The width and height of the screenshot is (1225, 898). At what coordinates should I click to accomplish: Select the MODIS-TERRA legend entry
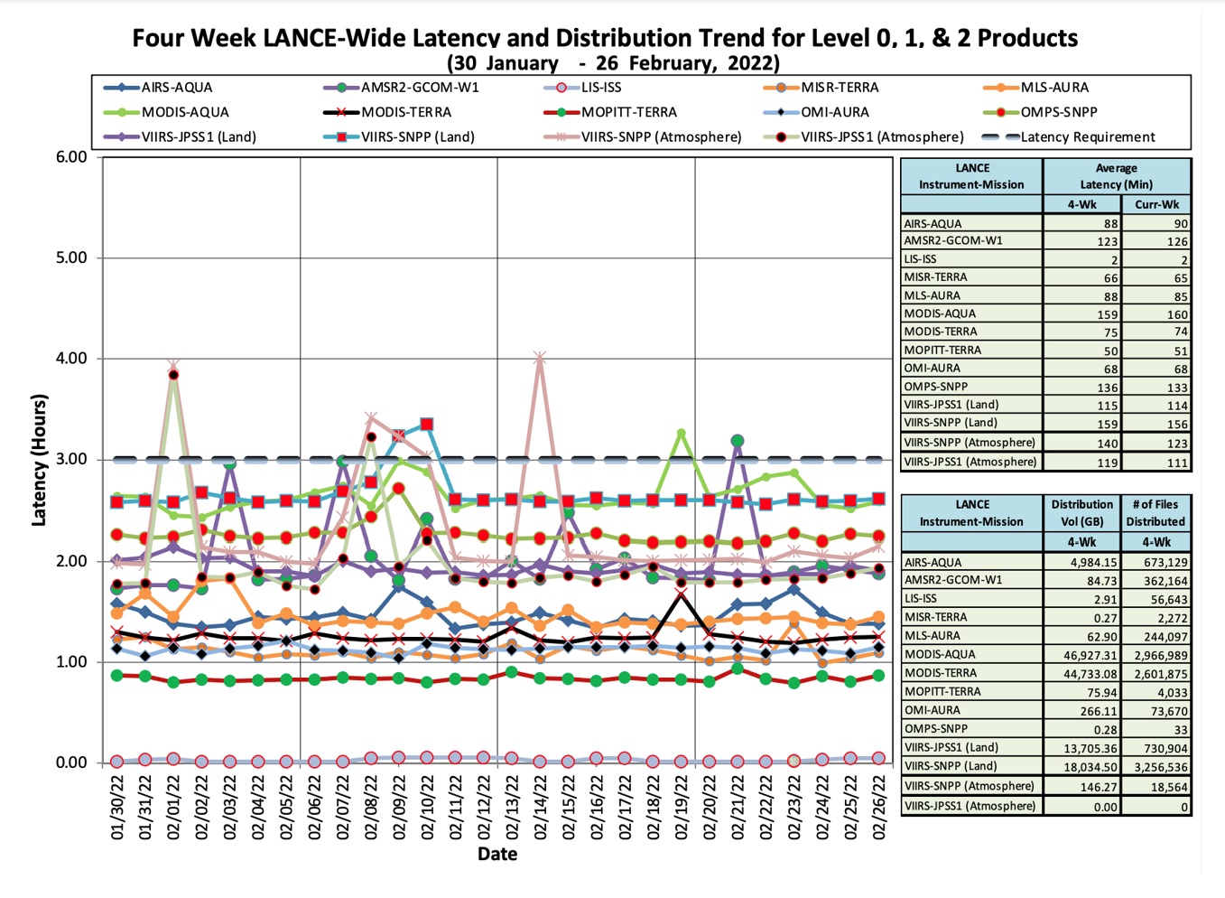[405, 112]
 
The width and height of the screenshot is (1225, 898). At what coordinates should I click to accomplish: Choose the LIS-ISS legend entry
[600, 88]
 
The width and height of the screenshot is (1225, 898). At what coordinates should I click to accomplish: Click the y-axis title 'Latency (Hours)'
[39, 460]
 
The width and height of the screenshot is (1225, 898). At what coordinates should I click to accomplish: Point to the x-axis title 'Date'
[497, 854]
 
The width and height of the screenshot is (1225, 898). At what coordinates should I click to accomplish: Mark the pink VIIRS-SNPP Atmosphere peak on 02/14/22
[540, 359]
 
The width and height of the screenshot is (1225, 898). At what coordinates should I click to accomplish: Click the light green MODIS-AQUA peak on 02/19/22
[681, 434]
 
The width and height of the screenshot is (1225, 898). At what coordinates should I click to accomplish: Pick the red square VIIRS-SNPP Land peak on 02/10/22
[427, 424]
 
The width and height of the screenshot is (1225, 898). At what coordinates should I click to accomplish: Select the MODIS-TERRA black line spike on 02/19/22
[681, 593]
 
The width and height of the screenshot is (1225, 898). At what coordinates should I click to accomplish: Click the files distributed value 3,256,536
[1155, 766]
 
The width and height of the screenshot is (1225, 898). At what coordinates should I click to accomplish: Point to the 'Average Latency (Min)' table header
[1116, 176]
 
